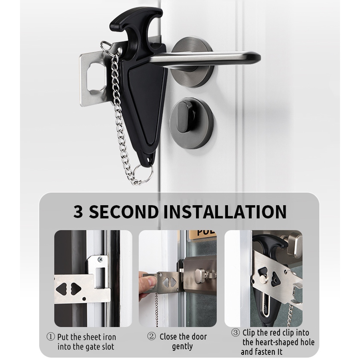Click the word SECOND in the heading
(124, 212)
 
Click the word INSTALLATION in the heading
(225, 212)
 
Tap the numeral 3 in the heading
(78, 212)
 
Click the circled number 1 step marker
(51, 337)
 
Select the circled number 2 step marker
(151, 336)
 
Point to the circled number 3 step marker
(235, 332)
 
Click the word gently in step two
(182, 346)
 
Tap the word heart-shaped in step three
(278, 342)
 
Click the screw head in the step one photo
(100, 260)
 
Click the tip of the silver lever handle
(258, 57)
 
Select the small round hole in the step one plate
(84, 299)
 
